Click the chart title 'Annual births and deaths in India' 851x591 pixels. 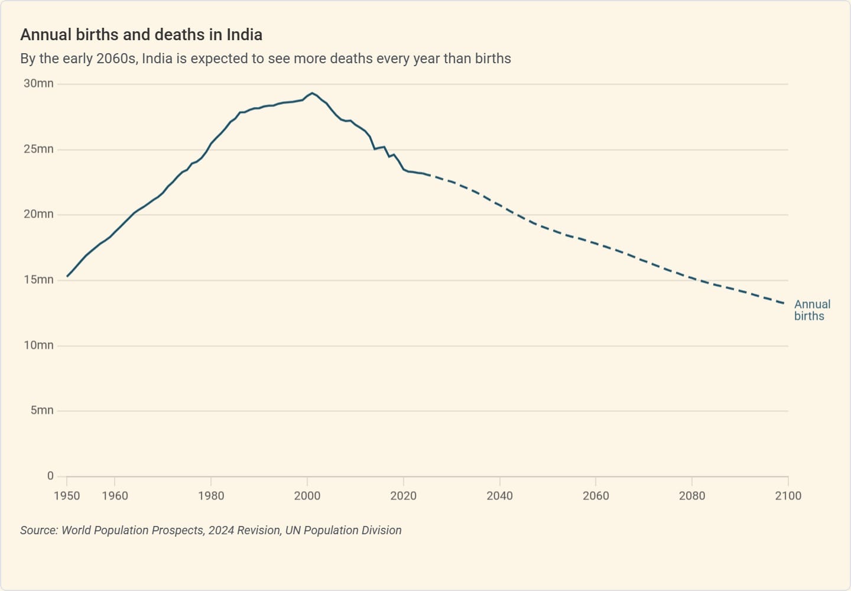141,35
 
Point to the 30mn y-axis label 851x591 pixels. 38,84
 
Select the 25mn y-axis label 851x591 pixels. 38,149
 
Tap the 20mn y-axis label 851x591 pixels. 38,215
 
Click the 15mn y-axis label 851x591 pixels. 38,280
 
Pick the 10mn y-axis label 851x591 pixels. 38,345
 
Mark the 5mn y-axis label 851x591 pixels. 42,410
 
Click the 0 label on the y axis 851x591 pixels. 50,476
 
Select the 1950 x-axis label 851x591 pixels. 67,496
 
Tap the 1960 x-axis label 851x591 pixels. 115,496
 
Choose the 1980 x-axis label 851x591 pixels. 211,496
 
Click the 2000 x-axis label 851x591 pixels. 307,496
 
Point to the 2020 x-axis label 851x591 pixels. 403,496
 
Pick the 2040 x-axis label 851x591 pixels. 499,496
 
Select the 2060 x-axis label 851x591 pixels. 596,496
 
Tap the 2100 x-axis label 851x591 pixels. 788,496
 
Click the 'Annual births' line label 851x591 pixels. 812,310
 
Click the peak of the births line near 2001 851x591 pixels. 312,93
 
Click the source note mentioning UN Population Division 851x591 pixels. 210,530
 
